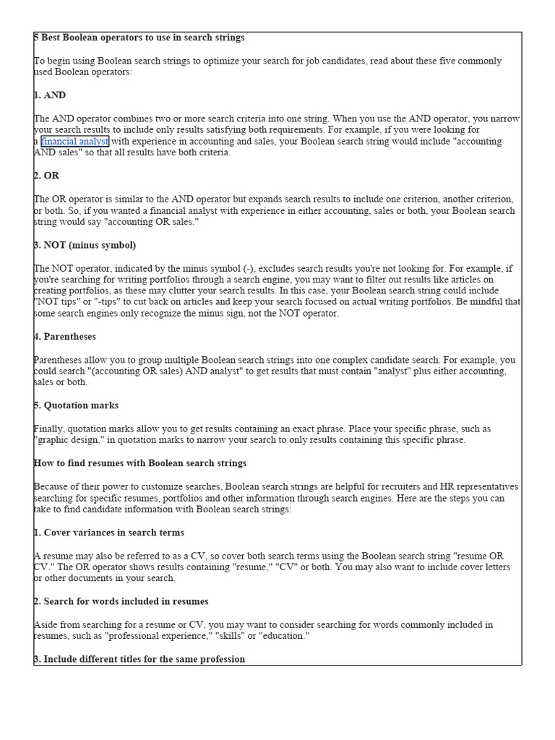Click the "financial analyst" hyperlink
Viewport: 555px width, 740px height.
click(75, 142)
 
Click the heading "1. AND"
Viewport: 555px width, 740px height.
click(50, 95)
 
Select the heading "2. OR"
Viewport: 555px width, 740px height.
click(47, 176)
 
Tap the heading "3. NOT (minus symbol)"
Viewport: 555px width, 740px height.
click(85, 245)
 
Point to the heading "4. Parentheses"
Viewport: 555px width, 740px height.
click(65, 337)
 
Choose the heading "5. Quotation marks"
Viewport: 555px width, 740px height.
click(77, 405)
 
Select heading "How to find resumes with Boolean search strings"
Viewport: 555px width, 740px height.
click(140, 463)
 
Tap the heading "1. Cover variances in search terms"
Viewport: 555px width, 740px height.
click(109, 533)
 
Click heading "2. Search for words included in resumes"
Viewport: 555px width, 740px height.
click(121, 601)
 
